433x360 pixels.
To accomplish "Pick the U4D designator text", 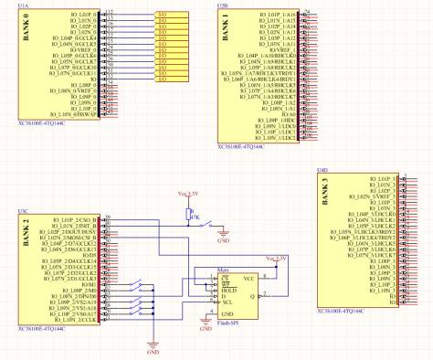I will pyautogui.click(x=321, y=171).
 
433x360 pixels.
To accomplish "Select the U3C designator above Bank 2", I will pyautogui.click(x=22, y=211).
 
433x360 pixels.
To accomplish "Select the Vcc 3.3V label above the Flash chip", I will pyautogui.click(x=273, y=259).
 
